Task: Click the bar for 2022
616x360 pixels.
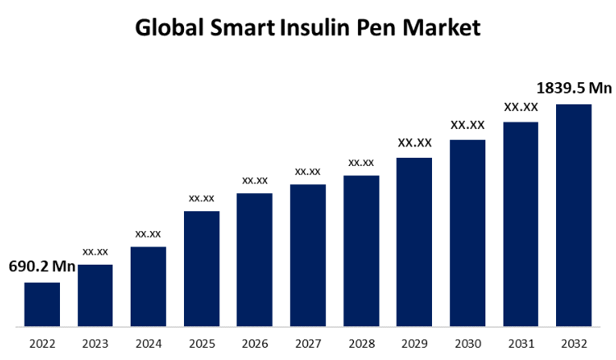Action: point(42,304)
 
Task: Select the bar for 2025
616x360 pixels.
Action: point(201,269)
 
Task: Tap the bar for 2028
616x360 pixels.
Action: point(361,251)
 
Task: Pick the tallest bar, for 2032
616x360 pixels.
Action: point(573,215)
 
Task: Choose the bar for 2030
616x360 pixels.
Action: point(467,233)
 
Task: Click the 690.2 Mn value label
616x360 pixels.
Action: point(42,267)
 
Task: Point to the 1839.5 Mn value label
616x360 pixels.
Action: point(574,87)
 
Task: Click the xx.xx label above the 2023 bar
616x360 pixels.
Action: point(95,251)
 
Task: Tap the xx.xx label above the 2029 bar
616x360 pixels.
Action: point(414,143)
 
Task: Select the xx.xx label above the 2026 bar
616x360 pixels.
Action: point(255,180)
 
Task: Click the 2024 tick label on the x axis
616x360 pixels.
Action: point(148,343)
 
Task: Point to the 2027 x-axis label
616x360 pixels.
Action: point(307,343)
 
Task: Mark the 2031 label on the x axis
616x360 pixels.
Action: point(521,343)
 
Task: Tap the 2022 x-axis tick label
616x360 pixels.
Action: point(42,343)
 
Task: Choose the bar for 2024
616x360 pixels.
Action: point(148,287)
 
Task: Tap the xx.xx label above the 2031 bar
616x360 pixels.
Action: point(521,107)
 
